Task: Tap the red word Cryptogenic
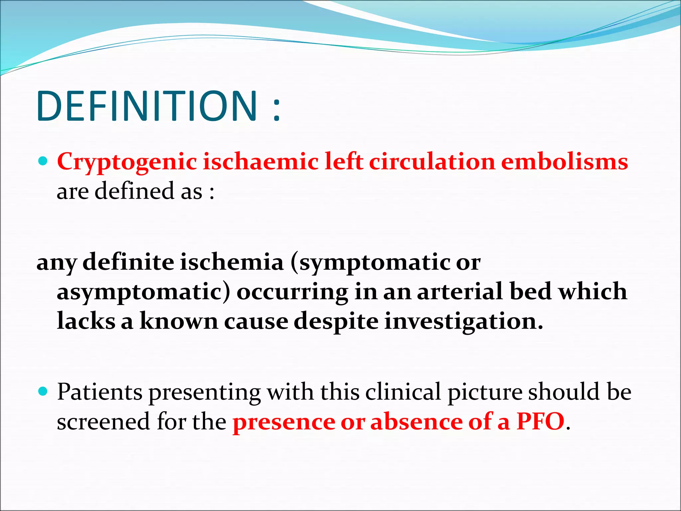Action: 127,162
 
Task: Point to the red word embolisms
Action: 564,162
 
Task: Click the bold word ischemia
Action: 232,262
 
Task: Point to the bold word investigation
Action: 464,321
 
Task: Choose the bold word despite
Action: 336,321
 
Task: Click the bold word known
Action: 179,321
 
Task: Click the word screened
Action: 103,422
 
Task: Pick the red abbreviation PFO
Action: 540,422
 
